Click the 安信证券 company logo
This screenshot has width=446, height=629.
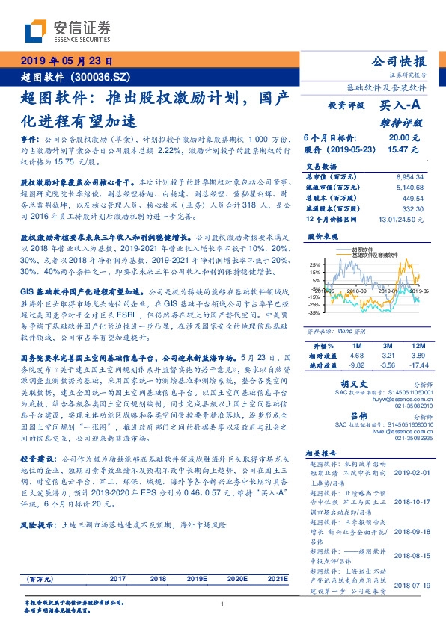(67, 31)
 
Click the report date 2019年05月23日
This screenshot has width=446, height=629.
(67, 61)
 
